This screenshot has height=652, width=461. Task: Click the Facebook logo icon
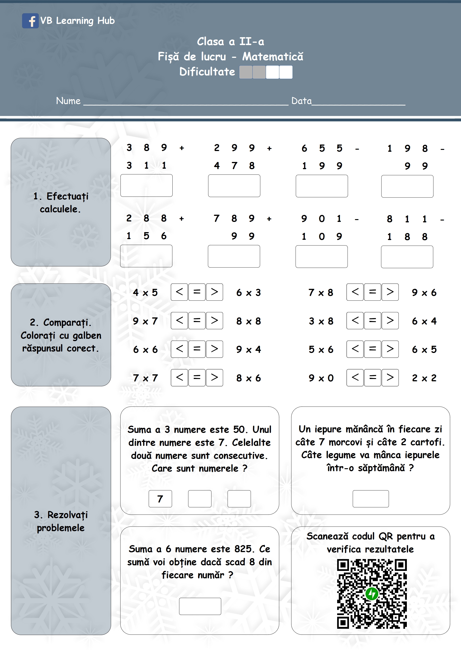click(30, 21)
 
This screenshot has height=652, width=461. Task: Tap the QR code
click(372, 593)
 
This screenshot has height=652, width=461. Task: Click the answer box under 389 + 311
click(146, 185)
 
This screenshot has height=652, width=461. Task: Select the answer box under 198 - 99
click(407, 186)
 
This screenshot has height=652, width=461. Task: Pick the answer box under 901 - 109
click(321, 257)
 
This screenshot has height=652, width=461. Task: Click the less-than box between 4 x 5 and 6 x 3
click(179, 292)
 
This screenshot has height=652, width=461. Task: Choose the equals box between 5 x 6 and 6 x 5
click(372, 349)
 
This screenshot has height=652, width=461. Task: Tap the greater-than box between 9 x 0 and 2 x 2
click(390, 378)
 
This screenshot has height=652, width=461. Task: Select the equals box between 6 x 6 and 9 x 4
click(197, 349)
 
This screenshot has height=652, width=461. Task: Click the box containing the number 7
click(160, 499)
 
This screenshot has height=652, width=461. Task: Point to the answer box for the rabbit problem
click(370, 499)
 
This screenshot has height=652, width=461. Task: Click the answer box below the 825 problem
click(200, 606)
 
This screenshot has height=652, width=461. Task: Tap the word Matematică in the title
click(273, 56)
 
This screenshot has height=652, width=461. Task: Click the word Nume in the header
click(68, 101)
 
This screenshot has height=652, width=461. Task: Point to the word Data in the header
click(301, 101)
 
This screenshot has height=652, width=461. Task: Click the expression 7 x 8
click(321, 293)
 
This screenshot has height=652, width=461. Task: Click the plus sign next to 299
click(269, 148)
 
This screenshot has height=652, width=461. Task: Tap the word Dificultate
click(207, 72)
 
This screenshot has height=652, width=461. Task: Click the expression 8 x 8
click(249, 321)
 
